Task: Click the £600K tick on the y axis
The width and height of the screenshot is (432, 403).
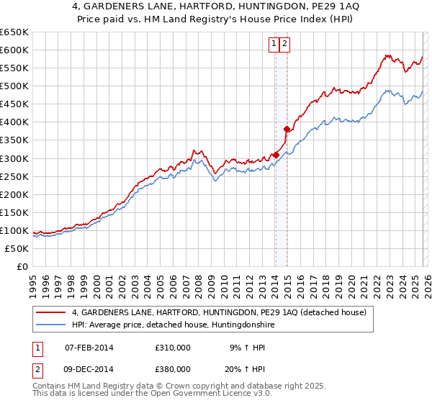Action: click(x=14, y=50)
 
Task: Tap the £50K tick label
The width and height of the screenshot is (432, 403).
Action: click(x=17, y=248)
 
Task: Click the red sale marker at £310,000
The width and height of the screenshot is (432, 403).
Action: click(x=276, y=154)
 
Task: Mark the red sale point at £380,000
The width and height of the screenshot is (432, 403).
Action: click(x=287, y=129)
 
